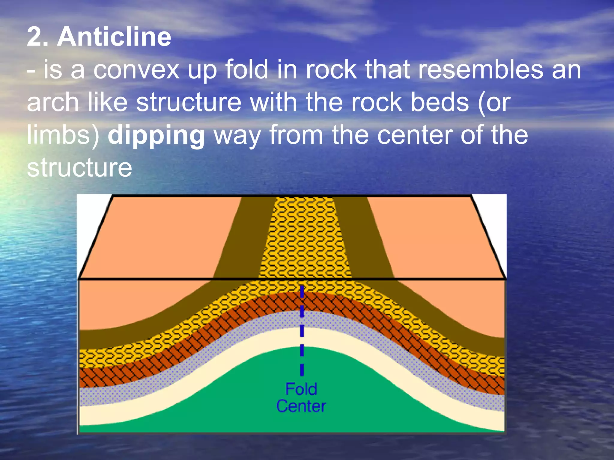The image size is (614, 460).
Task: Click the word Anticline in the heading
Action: [114, 37]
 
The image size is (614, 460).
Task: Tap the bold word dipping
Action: [156, 135]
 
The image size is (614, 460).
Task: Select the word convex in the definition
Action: [136, 70]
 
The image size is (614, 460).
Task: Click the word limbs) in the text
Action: [63, 135]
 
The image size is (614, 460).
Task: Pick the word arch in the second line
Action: [53, 102]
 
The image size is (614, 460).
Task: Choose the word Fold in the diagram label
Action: [301, 389]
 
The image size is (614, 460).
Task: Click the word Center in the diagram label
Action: [301, 406]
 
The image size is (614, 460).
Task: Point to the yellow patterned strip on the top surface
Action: [304, 237]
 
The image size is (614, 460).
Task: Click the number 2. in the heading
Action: [38, 37]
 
